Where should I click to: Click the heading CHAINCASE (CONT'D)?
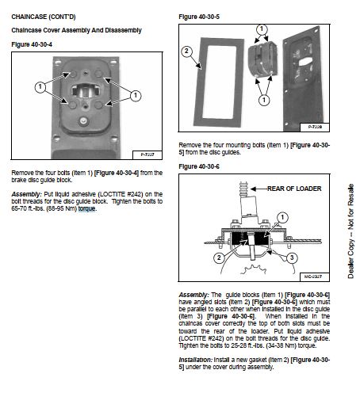(44, 17)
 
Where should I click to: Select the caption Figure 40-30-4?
(32, 44)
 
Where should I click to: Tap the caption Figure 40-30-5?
(199, 17)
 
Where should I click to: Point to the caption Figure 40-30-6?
(199, 166)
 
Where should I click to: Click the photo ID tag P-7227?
(147, 154)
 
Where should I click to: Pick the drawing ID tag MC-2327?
(313, 276)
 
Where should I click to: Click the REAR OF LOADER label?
(294, 189)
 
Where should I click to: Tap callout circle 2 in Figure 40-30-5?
(186, 51)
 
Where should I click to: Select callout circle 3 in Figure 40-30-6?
(292, 257)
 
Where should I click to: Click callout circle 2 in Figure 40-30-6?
(219, 257)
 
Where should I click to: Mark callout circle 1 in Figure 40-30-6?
(282, 218)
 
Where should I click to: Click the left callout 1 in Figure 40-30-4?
(40, 87)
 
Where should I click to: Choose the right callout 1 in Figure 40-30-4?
(136, 95)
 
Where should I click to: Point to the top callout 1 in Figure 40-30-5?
(262, 29)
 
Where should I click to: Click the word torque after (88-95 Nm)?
(86, 208)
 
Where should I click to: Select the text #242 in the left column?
(135, 194)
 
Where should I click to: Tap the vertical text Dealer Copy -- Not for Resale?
(350, 231)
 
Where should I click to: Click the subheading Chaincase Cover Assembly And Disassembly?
(76, 30)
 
